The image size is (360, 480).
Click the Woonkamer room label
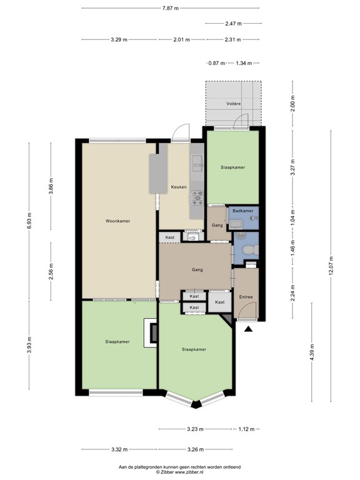pos(117,221)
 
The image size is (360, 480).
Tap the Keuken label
pos(179,187)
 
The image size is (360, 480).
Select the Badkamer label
pos(242,211)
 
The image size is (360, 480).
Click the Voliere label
pos(234,104)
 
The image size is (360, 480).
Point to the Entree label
pos(246,297)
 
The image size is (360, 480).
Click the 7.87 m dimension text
pos(170,8)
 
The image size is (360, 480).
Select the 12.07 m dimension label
pos(331,266)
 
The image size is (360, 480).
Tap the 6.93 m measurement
pos(29,220)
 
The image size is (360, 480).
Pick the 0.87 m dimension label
pos(216,63)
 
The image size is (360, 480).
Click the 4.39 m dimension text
pos(312,352)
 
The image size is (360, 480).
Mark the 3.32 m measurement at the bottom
pos(119,449)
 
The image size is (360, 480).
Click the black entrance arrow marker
pos(248,329)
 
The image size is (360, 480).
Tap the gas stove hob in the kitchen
pos(197,197)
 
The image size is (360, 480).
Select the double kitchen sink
pos(197,164)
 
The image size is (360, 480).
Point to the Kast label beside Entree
pos(219,302)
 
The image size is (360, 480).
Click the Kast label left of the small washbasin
pos(169,237)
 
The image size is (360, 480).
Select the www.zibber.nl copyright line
pos(180,472)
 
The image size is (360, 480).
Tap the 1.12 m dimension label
pos(246,429)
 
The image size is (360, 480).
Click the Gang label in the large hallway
pos(197,270)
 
